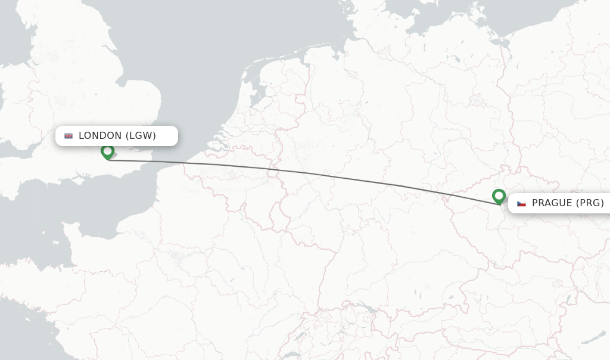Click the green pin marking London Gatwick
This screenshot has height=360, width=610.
tap(108, 151)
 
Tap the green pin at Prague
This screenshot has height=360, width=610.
tap(499, 195)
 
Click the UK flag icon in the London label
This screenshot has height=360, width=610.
tap(69, 136)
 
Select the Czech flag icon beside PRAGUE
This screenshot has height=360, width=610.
tap(521, 203)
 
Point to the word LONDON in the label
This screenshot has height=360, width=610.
tap(100, 136)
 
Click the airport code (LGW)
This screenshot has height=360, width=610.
tap(141, 136)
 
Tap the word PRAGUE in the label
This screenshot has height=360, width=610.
tap(552, 203)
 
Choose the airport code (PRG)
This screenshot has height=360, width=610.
tap(590, 203)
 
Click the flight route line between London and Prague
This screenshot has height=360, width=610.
tap(298, 172)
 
